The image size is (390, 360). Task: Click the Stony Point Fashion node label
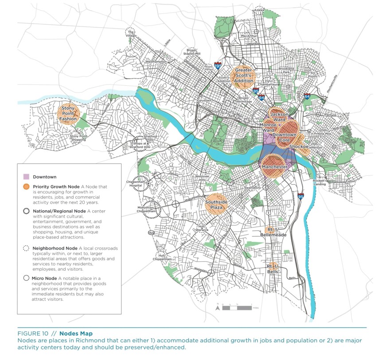coord(69,114)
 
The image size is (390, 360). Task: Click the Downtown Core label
coord(284,137)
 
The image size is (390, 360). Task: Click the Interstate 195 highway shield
coord(218,66)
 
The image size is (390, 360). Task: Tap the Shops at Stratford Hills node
coord(140,143)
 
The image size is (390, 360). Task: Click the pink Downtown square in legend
coord(26,177)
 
